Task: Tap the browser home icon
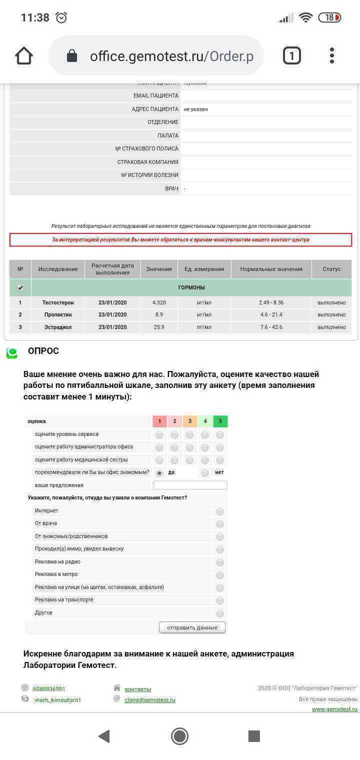coord(24,55)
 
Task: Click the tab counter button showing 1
coord(292,55)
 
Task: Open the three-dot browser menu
coord(332,55)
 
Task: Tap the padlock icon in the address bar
coord(72,55)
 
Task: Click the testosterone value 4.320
coord(159,302)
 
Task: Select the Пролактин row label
coord(58,314)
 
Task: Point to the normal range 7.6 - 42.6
coord(271,327)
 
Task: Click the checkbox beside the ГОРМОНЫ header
coord(20,287)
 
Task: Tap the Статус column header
coord(331,269)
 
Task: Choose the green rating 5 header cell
coord(220,421)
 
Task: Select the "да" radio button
coord(159,472)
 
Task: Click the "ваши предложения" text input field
coord(190,485)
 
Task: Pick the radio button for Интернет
coord(220,511)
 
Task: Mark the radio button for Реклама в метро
coord(220,575)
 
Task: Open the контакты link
coord(137,689)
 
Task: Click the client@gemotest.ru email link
coord(150,700)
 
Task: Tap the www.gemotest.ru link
coord(334,709)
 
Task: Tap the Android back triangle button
coord(104,736)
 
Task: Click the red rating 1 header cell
coord(159,421)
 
